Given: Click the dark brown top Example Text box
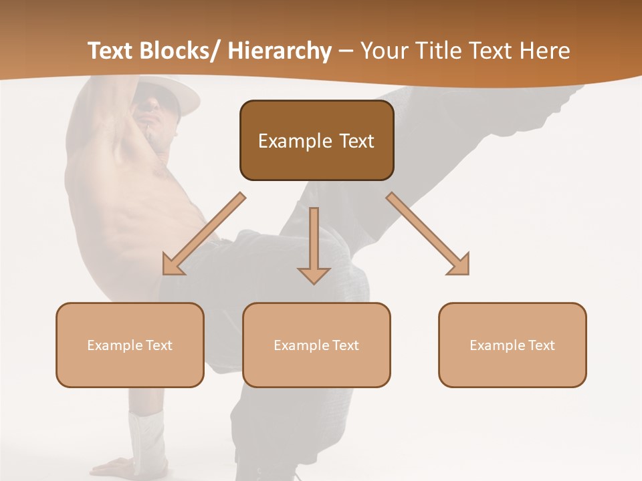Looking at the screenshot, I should [x=316, y=140].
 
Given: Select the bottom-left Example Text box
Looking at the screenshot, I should [x=130, y=345].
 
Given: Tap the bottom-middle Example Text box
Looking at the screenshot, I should [x=316, y=345].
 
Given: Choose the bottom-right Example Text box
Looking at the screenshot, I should [x=512, y=345].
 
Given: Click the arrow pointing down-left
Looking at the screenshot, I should [x=204, y=234].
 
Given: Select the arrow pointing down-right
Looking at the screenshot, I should [x=428, y=234].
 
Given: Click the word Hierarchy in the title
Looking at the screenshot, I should [x=280, y=51].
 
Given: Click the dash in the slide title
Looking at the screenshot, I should [x=346, y=52].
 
